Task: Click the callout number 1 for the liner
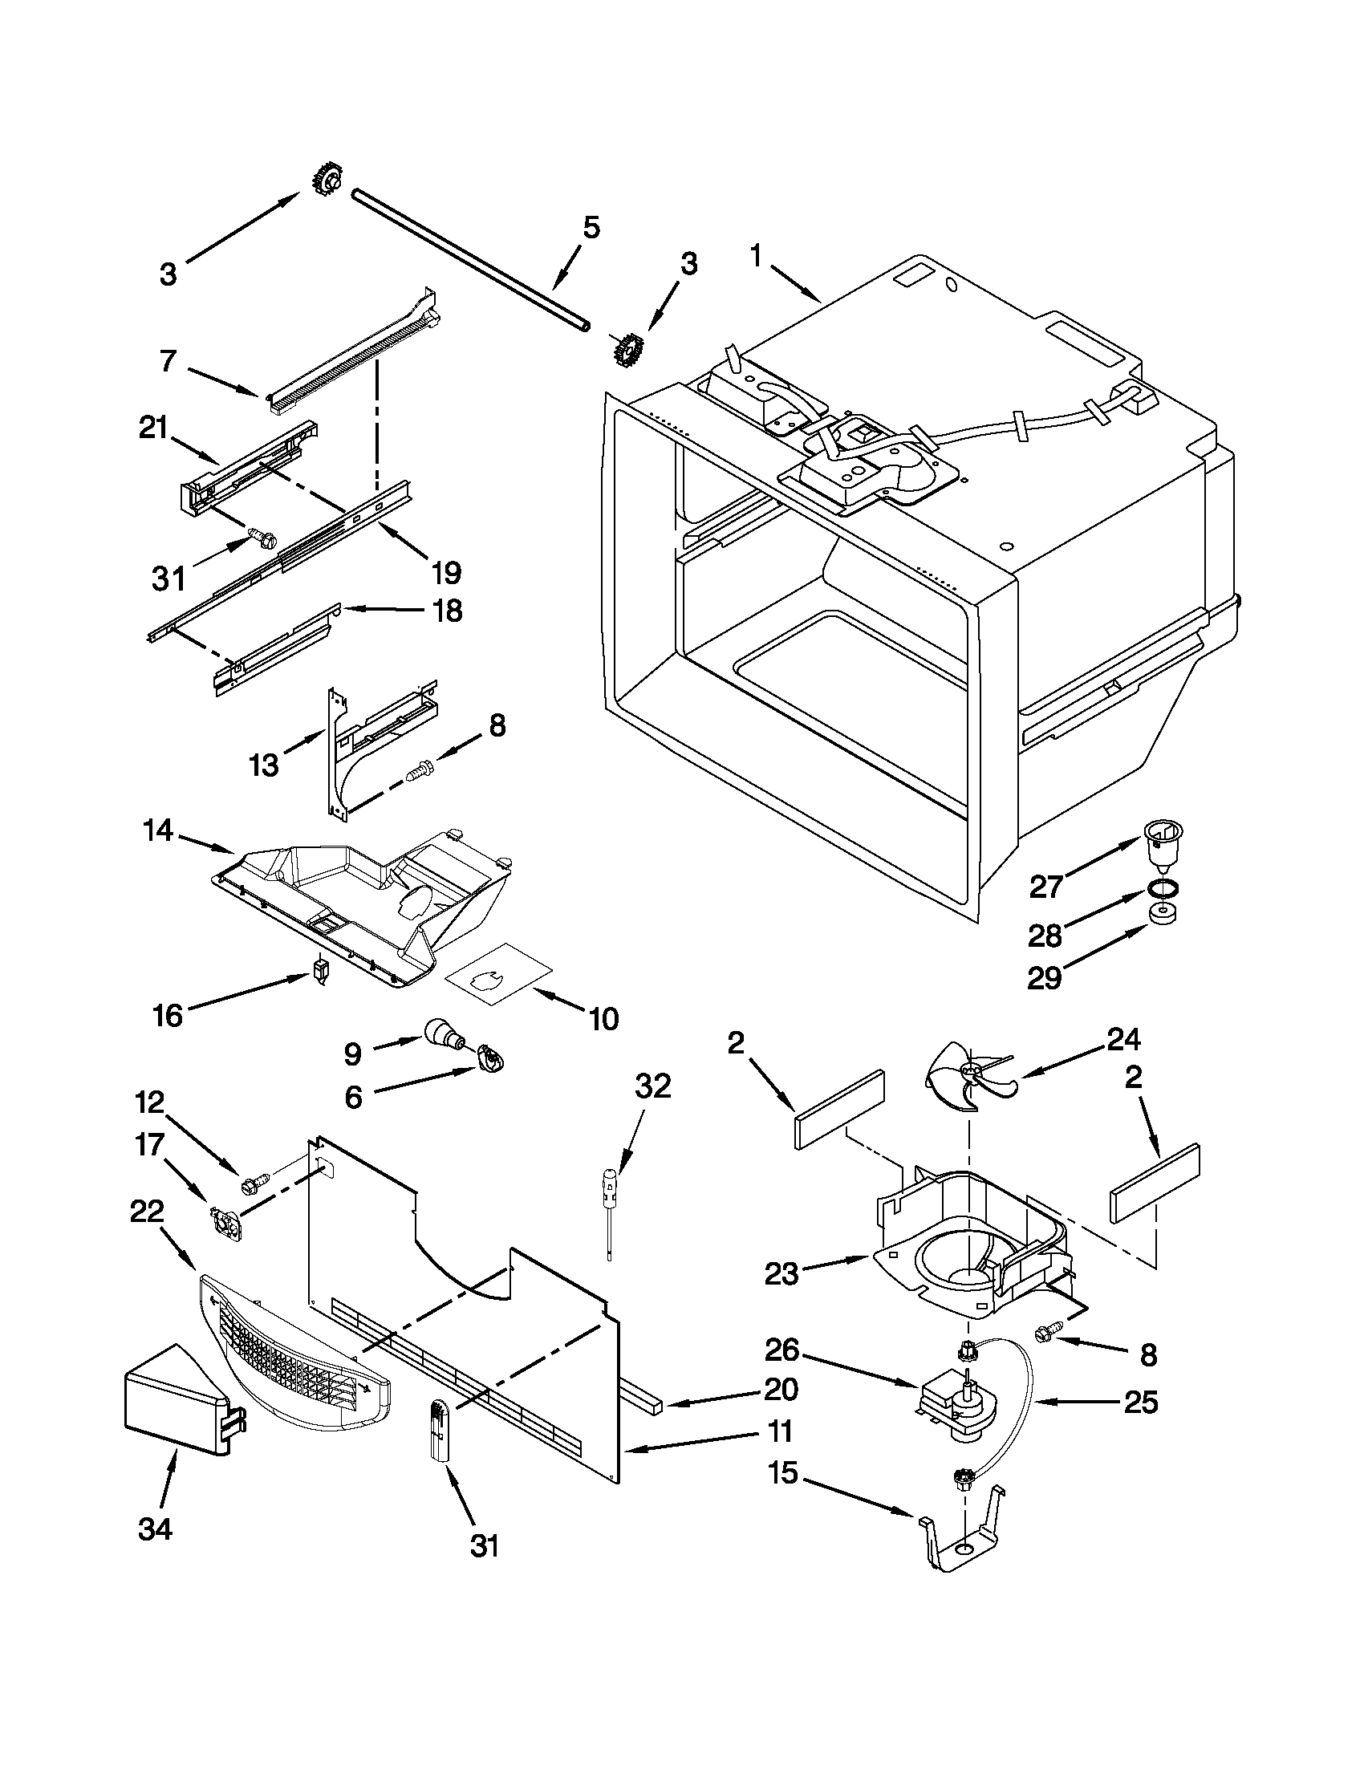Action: [755, 256]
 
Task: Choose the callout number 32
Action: [652, 1086]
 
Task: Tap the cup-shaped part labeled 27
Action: [1162, 845]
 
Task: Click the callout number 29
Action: [1044, 978]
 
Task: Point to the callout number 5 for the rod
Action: [591, 227]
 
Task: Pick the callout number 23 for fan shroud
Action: [781, 1274]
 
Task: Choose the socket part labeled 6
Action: [489, 1055]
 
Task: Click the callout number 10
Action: [603, 1019]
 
